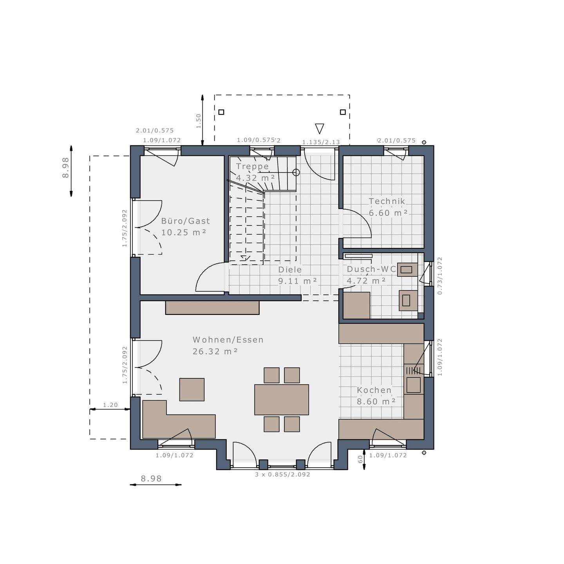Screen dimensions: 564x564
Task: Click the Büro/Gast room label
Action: (185, 221)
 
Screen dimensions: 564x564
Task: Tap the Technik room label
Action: (387, 201)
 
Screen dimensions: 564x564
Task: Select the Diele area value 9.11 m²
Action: (297, 281)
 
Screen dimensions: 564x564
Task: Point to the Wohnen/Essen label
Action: (228, 340)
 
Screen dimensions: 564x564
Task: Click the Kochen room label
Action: (374, 390)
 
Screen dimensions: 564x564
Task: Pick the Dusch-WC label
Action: (371, 269)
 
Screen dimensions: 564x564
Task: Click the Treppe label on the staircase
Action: (252, 166)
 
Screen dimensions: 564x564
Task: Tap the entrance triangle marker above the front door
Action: (320, 128)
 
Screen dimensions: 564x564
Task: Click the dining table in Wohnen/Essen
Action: (281, 399)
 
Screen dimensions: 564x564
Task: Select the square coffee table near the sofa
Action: (192, 389)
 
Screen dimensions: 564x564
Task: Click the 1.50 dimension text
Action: (199, 121)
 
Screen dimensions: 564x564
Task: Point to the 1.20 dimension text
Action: (110, 405)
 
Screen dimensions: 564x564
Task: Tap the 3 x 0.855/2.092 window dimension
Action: (282, 475)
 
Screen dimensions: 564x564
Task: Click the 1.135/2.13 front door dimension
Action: (321, 142)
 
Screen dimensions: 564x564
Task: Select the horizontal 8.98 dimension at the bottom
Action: (151, 479)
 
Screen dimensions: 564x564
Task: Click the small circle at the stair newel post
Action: (296, 172)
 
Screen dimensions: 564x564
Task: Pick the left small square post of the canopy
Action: (221, 112)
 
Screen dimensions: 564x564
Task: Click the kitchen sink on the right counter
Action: (413, 385)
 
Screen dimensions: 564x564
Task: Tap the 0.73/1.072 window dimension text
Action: (440, 276)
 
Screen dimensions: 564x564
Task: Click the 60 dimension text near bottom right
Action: (360, 459)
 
